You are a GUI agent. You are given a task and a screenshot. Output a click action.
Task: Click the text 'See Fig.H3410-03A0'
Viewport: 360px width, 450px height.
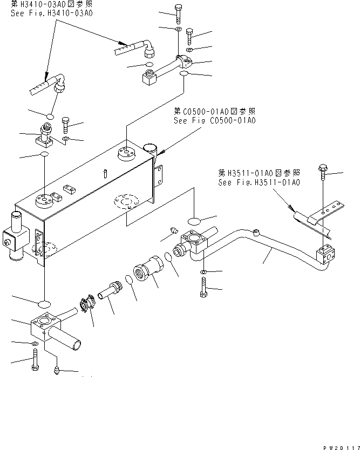51,12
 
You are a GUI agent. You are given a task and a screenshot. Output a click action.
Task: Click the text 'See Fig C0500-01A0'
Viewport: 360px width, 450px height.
214,120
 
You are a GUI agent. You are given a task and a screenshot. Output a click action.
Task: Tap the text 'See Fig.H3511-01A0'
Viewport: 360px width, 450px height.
259,182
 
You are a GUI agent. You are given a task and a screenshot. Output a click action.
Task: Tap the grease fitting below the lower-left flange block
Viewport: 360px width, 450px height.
57,370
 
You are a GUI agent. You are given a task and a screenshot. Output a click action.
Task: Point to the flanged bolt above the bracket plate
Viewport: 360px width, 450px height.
322,171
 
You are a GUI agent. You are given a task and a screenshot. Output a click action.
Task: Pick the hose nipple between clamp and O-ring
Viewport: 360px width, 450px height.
111,291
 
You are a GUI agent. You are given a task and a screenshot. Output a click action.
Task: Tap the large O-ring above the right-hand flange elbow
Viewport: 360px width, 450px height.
194,221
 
